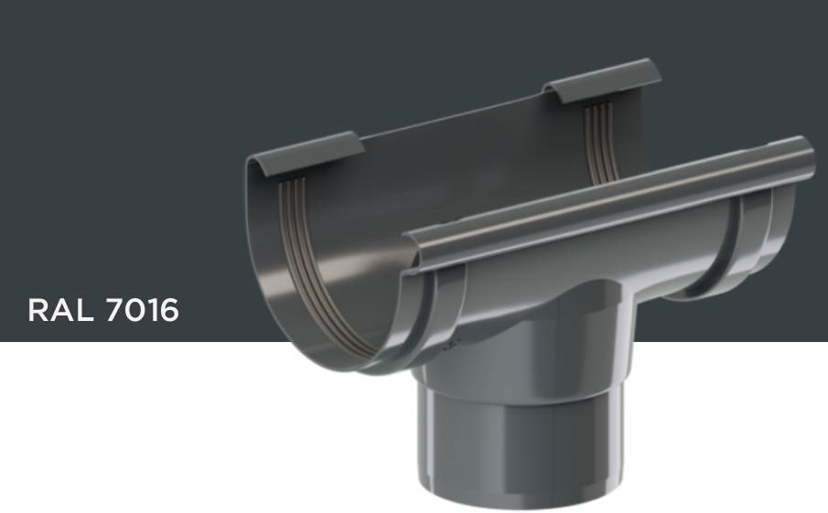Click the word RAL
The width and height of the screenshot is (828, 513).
(62, 310)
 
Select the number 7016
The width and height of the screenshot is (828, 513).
(143, 310)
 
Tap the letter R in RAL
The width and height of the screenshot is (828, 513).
(39, 310)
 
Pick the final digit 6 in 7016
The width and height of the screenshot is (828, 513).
(167, 310)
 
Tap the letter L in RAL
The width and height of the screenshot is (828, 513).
(86, 310)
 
